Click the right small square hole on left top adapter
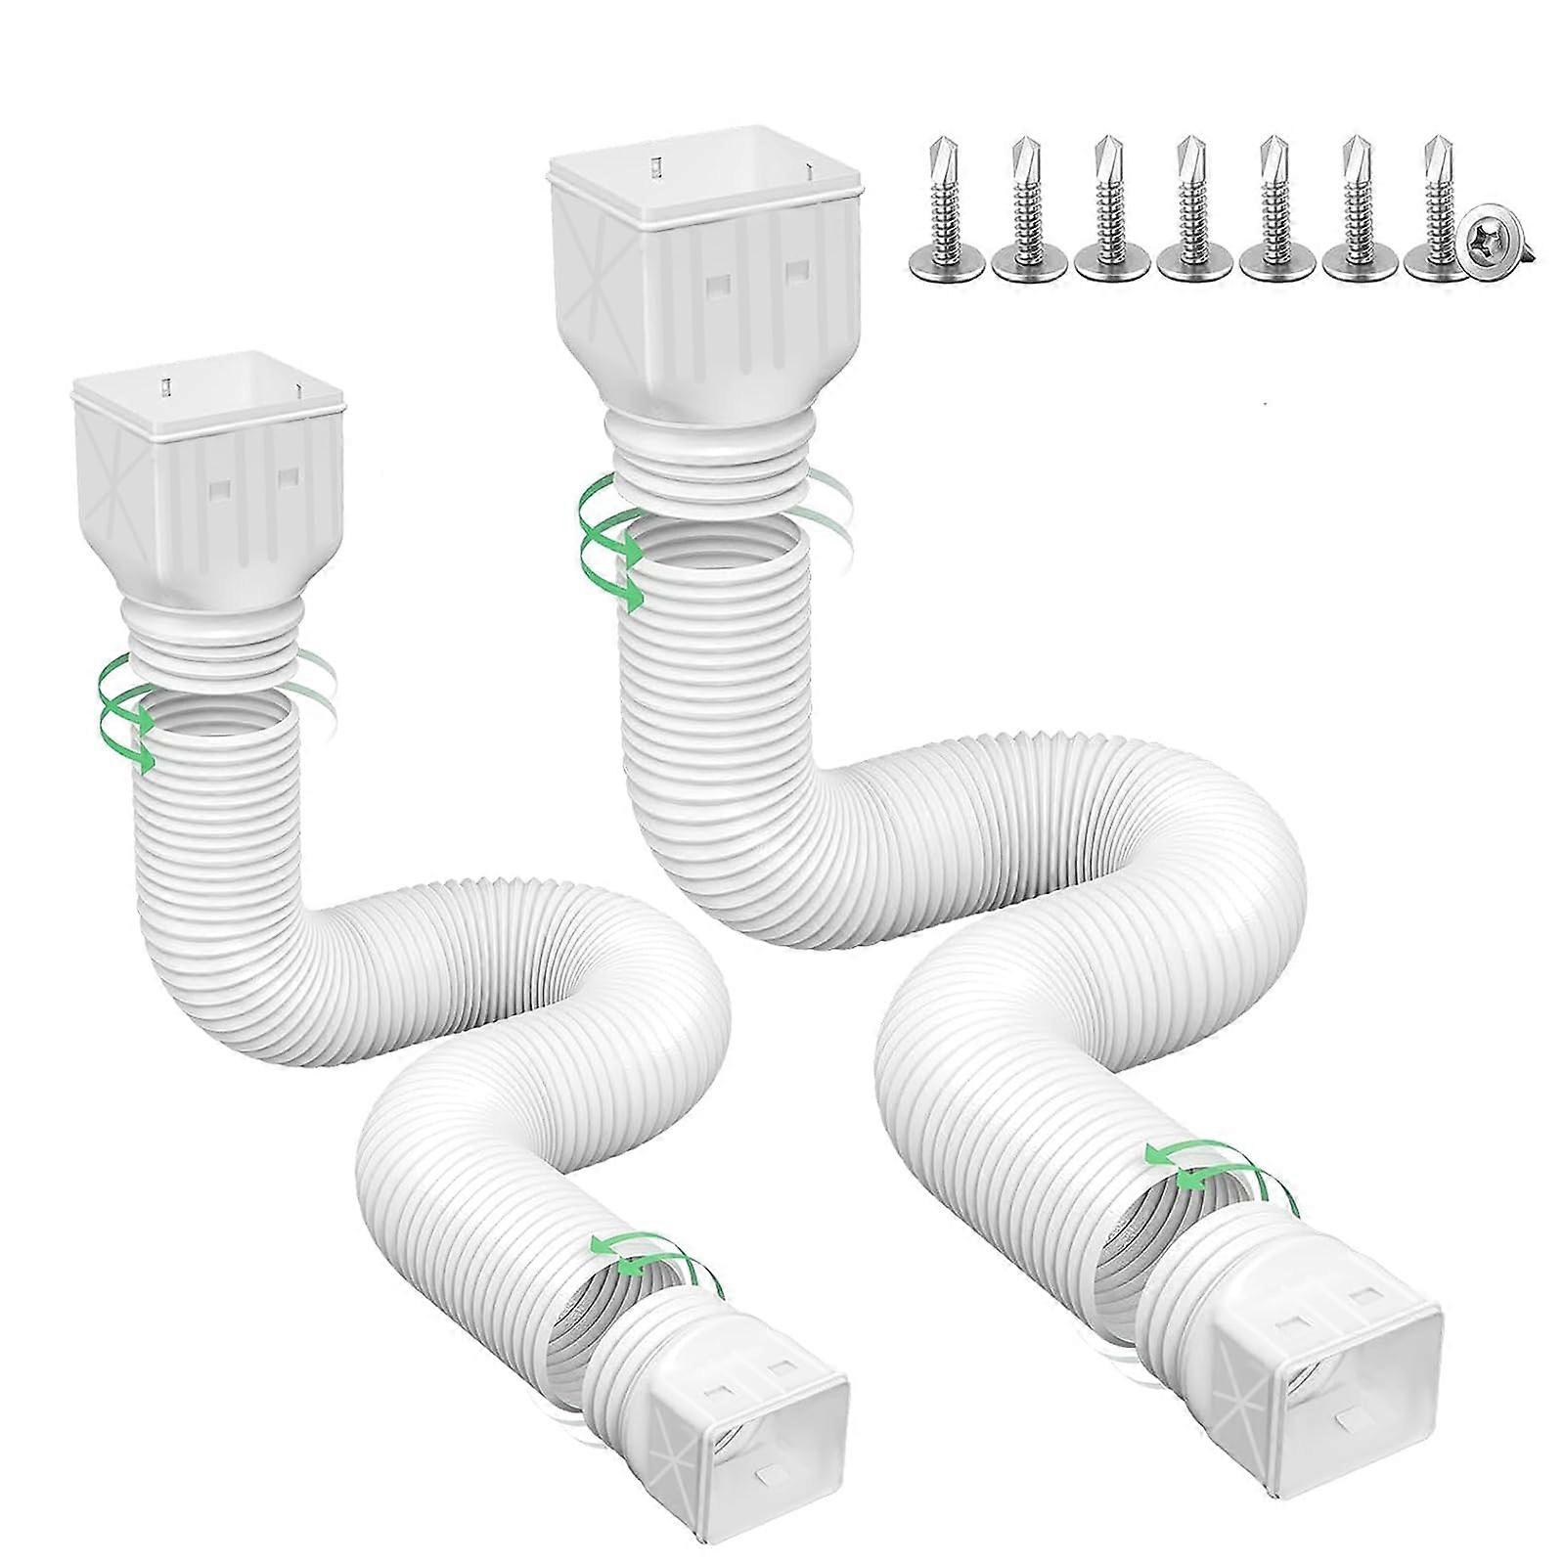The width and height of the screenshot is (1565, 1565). [x=288, y=476]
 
